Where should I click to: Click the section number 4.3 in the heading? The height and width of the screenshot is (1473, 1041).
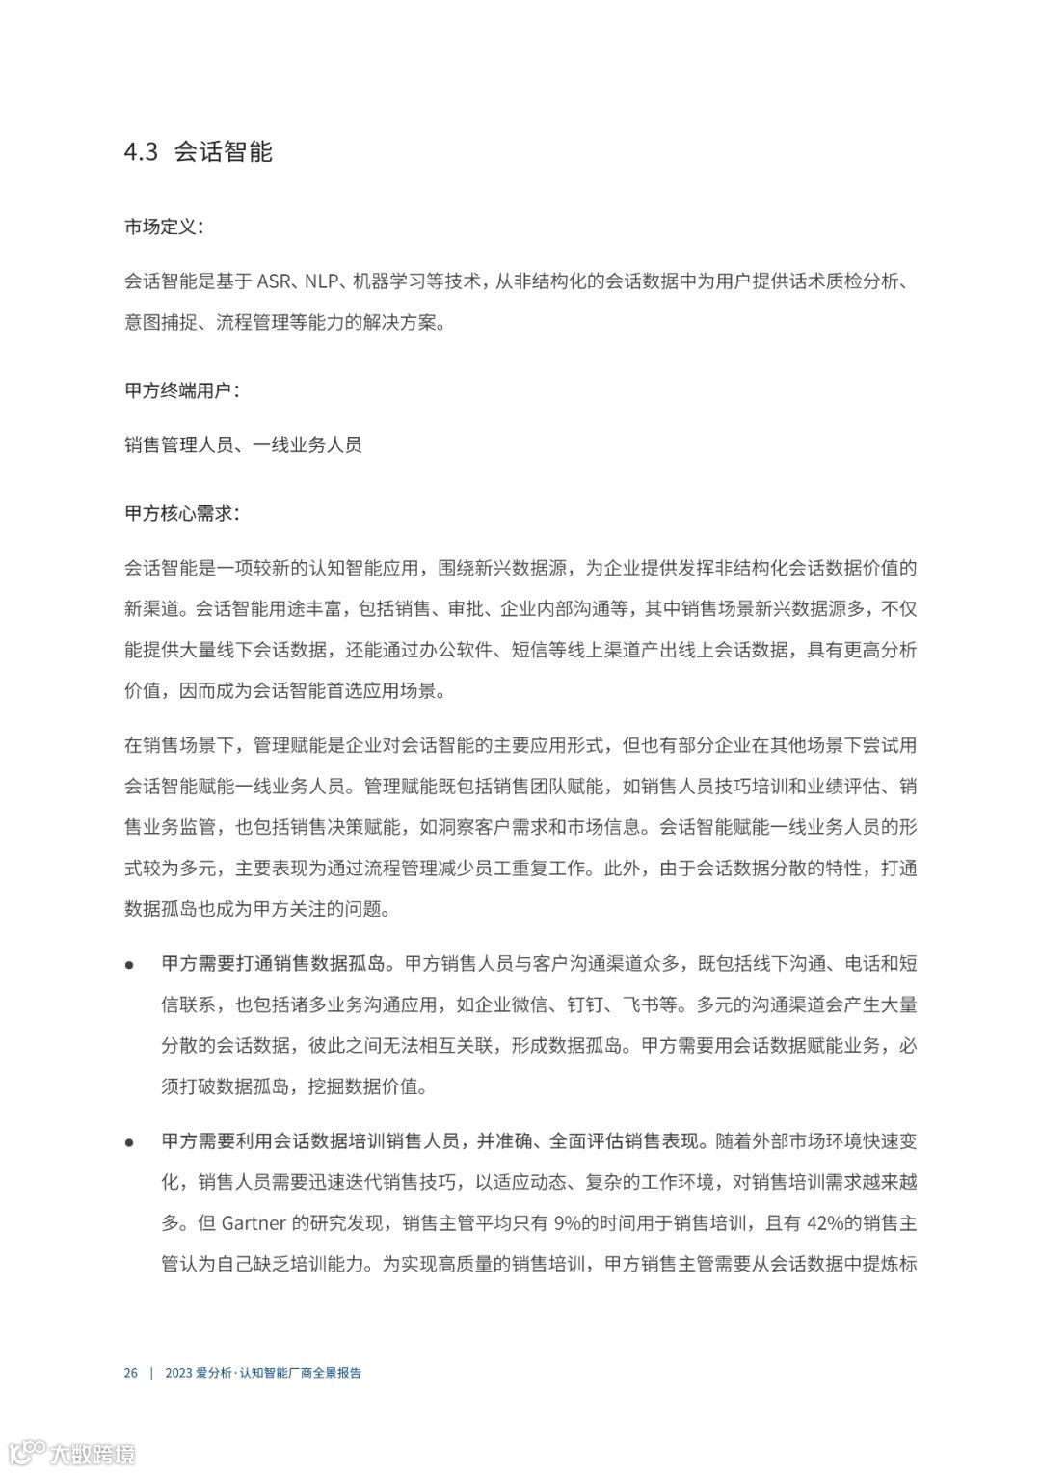(141, 152)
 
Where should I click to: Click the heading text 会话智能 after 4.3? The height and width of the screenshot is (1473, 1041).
(224, 152)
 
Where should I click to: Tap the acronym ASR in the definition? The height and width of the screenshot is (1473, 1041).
(275, 281)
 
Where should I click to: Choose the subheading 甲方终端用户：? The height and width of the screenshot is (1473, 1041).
(181, 390)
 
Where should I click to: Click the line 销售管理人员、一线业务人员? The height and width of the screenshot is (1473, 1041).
(243, 444)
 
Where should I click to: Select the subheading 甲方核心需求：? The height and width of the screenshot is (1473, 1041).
(181, 513)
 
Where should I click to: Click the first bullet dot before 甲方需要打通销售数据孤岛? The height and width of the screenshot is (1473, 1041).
(129, 964)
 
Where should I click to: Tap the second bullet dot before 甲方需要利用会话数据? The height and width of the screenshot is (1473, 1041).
(129, 1142)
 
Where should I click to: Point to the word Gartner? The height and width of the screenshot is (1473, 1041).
(254, 1223)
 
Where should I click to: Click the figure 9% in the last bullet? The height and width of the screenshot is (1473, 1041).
(569, 1223)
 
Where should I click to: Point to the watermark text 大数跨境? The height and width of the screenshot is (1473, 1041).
(93, 1453)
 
